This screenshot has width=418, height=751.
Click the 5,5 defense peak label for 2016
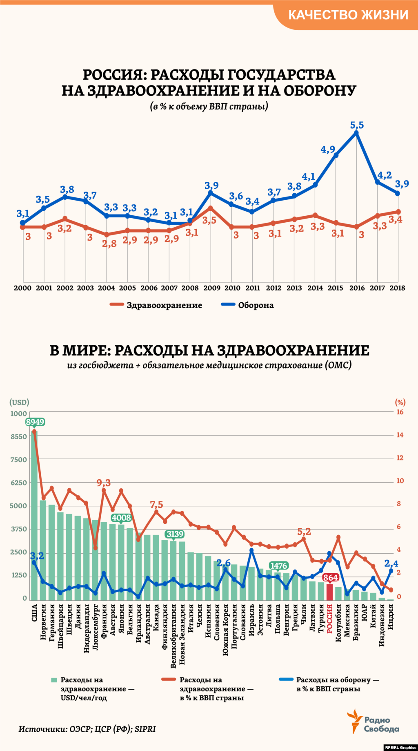(357, 125)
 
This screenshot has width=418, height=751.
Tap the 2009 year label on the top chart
(211, 288)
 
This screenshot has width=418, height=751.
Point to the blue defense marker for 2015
(336, 155)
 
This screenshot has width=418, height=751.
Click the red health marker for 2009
(211, 208)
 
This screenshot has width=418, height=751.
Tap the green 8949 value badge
(35, 422)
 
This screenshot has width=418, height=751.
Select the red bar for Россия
(330, 592)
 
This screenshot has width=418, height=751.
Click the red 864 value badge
(330, 577)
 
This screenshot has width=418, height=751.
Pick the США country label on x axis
(34, 613)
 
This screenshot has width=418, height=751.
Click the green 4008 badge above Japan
(121, 518)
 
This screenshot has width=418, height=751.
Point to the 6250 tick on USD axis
(18, 483)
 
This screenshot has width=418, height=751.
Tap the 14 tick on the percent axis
(400, 435)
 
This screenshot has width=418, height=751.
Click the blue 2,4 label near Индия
(391, 563)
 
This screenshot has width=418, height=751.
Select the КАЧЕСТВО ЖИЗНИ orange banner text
(348, 15)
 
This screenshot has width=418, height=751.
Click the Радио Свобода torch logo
(354, 721)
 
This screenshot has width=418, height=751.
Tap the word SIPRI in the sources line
(145, 729)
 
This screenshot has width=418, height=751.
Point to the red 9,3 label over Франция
(104, 483)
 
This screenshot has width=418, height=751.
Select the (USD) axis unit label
(19, 402)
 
